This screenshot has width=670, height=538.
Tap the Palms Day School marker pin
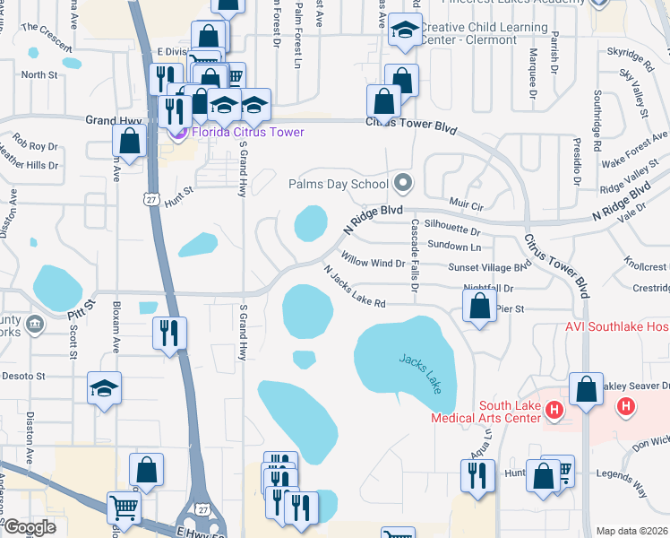pos(402,184)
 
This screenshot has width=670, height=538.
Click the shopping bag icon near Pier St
pos(480,306)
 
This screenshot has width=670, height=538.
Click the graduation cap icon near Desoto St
pos(105,389)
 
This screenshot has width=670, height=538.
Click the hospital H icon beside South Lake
pos(554,410)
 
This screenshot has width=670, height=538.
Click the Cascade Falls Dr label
pos(415,256)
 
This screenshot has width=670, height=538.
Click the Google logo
pos(30,527)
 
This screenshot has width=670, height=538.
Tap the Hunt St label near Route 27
pos(179,196)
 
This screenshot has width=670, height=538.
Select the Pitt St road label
pos(80,310)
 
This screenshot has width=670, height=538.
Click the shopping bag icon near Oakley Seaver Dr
pos(586,390)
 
